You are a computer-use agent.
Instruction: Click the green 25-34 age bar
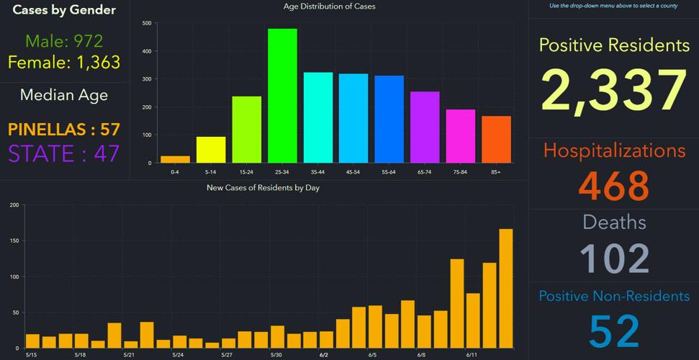(x=282, y=96)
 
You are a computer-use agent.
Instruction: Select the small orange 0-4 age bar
(x=175, y=159)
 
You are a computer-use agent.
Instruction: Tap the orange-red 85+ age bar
(x=496, y=140)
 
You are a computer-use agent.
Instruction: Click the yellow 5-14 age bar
(x=211, y=150)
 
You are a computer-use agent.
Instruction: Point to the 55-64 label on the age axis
(x=389, y=173)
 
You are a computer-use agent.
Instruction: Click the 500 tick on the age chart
(x=147, y=23)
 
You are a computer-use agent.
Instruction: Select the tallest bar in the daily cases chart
(x=506, y=289)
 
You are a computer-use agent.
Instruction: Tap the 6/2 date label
(x=324, y=355)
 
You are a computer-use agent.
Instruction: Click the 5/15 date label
(x=32, y=355)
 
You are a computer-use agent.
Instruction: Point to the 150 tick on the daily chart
(x=14, y=241)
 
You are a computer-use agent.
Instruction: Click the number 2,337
(x=614, y=91)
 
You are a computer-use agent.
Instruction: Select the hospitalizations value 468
(x=614, y=186)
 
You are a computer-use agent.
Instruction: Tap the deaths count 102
(x=614, y=258)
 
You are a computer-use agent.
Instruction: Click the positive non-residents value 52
(x=614, y=330)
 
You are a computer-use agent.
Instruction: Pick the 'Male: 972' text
(x=64, y=41)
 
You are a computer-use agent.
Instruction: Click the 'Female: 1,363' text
(x=64, y=62)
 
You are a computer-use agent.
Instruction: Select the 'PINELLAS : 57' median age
(x=64, y=130)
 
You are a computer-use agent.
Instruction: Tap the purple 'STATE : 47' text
(x=64, y=153)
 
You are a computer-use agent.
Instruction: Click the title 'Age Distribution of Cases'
(x=330, y=6)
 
